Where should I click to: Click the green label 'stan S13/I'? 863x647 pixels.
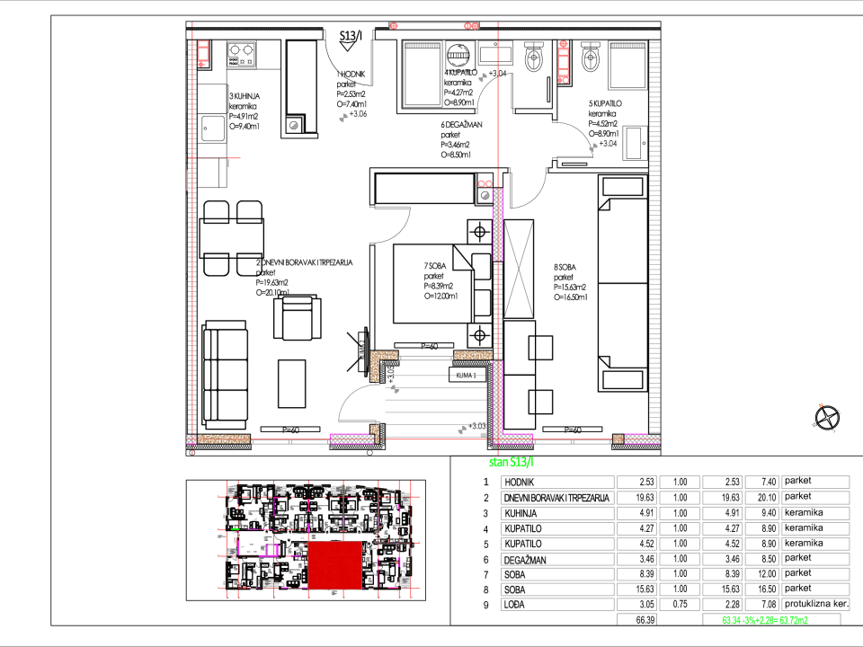(x=511, y=462)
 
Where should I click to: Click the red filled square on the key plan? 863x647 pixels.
(x=334, y=564)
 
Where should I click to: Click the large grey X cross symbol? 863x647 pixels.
(x=519, y=269)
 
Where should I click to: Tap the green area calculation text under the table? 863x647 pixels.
(x=765, y=621)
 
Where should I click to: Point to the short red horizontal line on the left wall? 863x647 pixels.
(x=219, y=158)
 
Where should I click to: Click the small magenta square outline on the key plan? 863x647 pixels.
(x=271, y=550)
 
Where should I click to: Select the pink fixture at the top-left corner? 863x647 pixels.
(x=203, y=53)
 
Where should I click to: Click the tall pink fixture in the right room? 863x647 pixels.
(x=564, y=62)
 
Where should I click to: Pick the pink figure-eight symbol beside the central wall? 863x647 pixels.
(x=485, y=183)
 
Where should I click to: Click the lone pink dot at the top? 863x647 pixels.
(x=394, y=26)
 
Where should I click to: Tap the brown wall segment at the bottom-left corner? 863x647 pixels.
(x=223, y=439)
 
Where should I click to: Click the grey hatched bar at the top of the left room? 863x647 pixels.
(x=423, y=46)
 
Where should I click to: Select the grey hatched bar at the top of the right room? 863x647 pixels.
(x=627, y=46)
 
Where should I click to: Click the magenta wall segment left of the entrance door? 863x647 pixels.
(x=351, y=439)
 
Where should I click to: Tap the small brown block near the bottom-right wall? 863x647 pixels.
(x=618, y=439)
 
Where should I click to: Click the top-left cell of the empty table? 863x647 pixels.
(x=557, y=483)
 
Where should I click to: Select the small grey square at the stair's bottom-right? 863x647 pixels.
(x=483, y=435)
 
